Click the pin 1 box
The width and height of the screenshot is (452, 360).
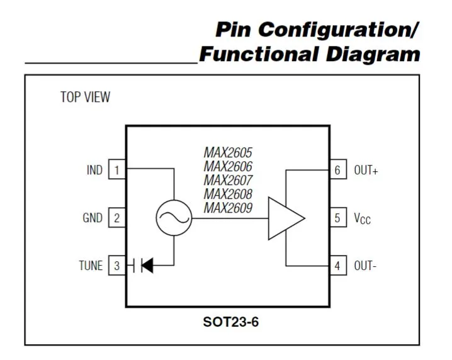116,170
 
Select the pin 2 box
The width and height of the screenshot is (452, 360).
116,218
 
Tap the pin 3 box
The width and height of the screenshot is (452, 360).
116,266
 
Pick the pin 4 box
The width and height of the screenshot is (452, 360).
337,266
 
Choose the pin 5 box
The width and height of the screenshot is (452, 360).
337,218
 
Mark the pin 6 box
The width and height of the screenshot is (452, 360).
337,170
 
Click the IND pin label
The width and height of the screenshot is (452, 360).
94,170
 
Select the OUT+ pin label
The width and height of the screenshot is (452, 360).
366,171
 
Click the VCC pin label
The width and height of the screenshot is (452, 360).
362,218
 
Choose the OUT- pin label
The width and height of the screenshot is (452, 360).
365,266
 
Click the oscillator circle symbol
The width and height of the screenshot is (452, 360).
173,218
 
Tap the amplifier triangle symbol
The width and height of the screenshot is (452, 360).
285,218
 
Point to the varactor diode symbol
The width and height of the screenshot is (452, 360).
145,266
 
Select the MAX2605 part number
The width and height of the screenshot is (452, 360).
228,153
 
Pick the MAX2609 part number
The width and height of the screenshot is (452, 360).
228,208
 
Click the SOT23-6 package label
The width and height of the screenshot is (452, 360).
230,322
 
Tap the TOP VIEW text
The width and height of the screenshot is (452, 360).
85,97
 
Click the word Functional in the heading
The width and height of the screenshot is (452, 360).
259,54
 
